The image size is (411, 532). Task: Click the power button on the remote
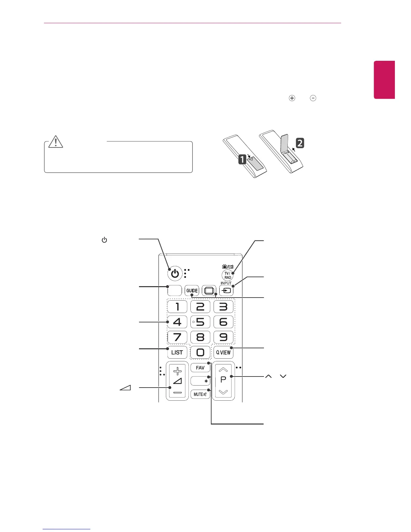[x=175, y=274]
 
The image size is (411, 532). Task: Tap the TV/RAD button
[x=228, y=276]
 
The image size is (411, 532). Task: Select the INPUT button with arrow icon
[x=226, y=291]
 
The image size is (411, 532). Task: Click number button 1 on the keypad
[x=177, y=307]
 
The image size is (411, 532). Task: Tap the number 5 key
[x=200, y=322]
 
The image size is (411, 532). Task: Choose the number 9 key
[x=223, y=337]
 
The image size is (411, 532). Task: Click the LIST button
[x=177, y=352]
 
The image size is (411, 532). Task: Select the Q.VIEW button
[x=223, y=352]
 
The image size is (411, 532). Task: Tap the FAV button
[x=200, y=368]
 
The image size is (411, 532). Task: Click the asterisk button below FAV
[x=200, y=381]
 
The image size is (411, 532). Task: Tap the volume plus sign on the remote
[x=177, y=371]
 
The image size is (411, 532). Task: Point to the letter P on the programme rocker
[x=223, y=380]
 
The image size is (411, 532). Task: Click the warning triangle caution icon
[x=56, y=142]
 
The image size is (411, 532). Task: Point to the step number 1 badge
[x=242, y=159]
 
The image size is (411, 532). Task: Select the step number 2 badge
[x=300, y=143]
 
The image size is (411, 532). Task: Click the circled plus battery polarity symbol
[x=292, y=98]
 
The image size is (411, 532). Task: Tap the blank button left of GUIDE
[x=174, y=291]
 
